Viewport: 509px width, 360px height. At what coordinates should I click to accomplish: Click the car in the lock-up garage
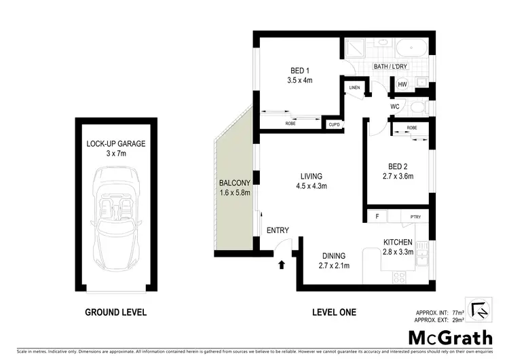[115, 220]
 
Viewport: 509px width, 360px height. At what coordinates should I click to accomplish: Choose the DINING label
[333, 255]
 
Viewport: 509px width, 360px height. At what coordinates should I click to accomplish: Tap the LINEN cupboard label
[354, 89]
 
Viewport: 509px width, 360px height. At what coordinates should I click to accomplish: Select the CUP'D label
[334, 124]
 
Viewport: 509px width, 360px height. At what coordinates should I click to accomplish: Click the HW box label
[402, 84]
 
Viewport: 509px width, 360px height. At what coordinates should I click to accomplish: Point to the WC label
[394, 107]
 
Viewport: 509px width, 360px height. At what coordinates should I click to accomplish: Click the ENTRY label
[278, 231]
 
